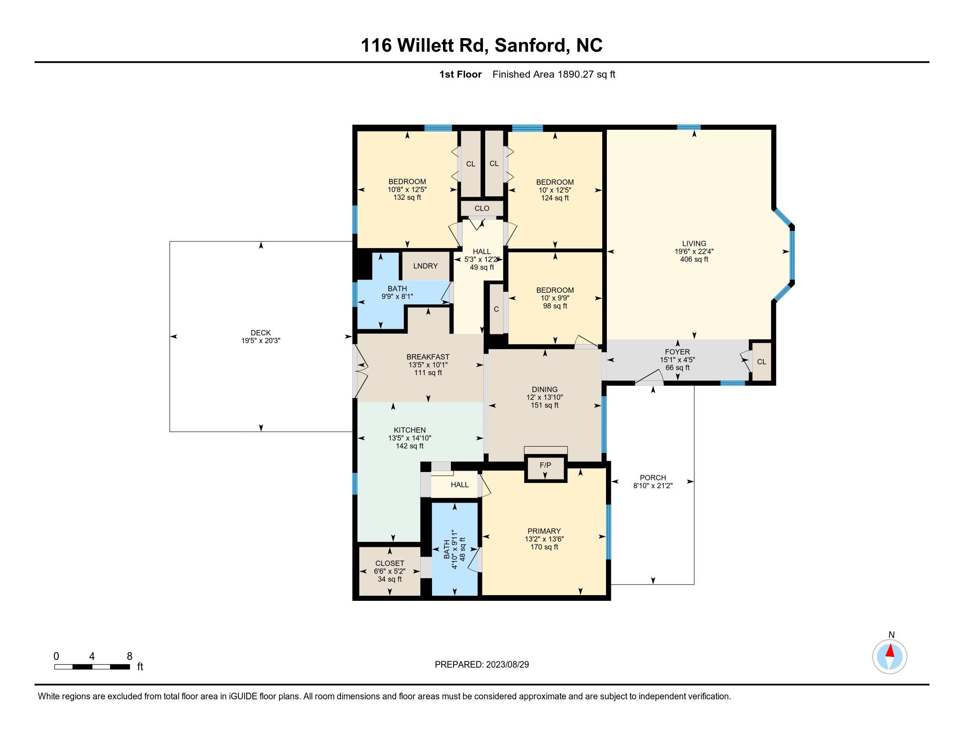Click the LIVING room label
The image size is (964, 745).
tap(694, 243)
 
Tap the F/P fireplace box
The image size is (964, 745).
tap(545, 465)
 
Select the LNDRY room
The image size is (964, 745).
tap(425, 266)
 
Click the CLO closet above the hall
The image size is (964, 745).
tap(482, 208)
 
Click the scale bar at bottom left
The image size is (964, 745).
tap(92, 667)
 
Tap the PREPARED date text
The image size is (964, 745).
tap(482, 665)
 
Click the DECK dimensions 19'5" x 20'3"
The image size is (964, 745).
tap(261, 341)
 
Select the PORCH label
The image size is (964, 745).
tap(653, 478)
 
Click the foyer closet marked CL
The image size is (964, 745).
tap(762, 362)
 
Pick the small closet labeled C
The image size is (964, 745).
tap(496, 309)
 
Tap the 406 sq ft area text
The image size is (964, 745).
tap(694, 259)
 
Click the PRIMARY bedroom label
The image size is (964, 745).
tap(544, 531)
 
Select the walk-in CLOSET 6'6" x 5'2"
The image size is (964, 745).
tap(389, 571)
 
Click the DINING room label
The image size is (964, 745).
tap(544, 389)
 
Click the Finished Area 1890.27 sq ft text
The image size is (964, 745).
tap(553, 74)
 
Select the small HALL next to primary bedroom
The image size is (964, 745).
tap(459, 485)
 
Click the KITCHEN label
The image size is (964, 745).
tap(410, 430)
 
